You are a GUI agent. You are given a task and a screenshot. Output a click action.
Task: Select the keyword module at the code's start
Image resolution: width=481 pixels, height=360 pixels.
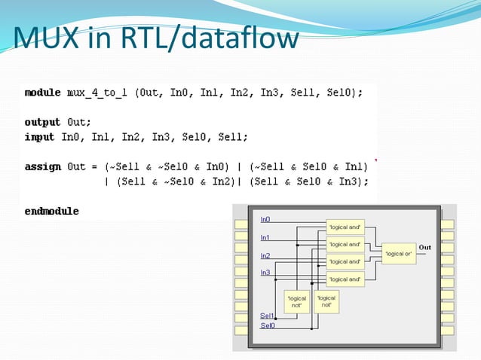42,93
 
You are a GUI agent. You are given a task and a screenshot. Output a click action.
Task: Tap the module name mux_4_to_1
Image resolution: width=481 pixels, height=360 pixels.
100,93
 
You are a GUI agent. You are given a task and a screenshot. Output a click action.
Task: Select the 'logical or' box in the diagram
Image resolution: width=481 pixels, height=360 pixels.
398,254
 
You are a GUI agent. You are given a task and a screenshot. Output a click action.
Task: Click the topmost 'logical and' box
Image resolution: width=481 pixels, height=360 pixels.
345,227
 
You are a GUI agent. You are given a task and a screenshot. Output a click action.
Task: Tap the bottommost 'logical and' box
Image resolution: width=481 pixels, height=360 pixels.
345,279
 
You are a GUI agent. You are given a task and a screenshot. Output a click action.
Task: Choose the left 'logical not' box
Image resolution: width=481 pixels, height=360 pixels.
297,302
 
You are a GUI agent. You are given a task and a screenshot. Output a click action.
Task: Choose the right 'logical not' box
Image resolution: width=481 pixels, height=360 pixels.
326,301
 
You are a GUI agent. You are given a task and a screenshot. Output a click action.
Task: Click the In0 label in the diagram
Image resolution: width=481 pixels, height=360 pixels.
265,219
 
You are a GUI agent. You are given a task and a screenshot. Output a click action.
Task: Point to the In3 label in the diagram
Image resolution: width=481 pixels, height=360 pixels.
265,272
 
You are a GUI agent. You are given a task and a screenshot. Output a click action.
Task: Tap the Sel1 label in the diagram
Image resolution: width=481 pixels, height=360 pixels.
267,316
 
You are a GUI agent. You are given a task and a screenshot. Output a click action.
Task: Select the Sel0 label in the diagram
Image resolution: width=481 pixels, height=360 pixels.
267,325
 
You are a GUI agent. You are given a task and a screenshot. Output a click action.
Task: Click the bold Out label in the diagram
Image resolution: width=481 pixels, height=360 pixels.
425,247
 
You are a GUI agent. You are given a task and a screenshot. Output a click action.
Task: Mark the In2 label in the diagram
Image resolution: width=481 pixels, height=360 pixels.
265,255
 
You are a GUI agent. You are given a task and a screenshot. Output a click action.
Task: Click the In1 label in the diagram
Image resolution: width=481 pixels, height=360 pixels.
265,237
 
